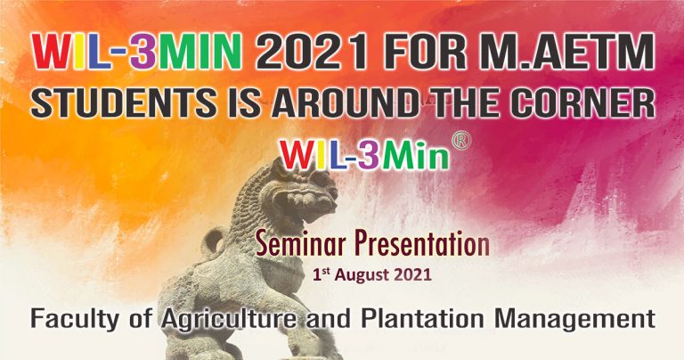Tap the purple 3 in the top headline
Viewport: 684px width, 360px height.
[x=143, y=52]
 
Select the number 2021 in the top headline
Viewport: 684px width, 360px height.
[x=311, y=52]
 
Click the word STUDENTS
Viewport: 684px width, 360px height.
[x=124, y=103]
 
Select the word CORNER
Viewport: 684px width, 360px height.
[x=583, y=103]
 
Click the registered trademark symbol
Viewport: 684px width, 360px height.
[x=461, y=142]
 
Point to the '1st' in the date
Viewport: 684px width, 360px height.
[x=322, y=274]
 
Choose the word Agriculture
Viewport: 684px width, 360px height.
[x=229, y=319]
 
